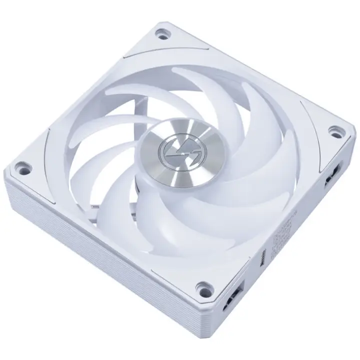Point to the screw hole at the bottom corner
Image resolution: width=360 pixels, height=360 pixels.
pyautogui.click(x=202, y=288)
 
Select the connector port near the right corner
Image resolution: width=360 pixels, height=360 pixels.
pyautogui.click(x=330, y=176)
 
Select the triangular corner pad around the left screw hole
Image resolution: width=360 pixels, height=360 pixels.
pyautogui.click(x=30, y=167)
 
